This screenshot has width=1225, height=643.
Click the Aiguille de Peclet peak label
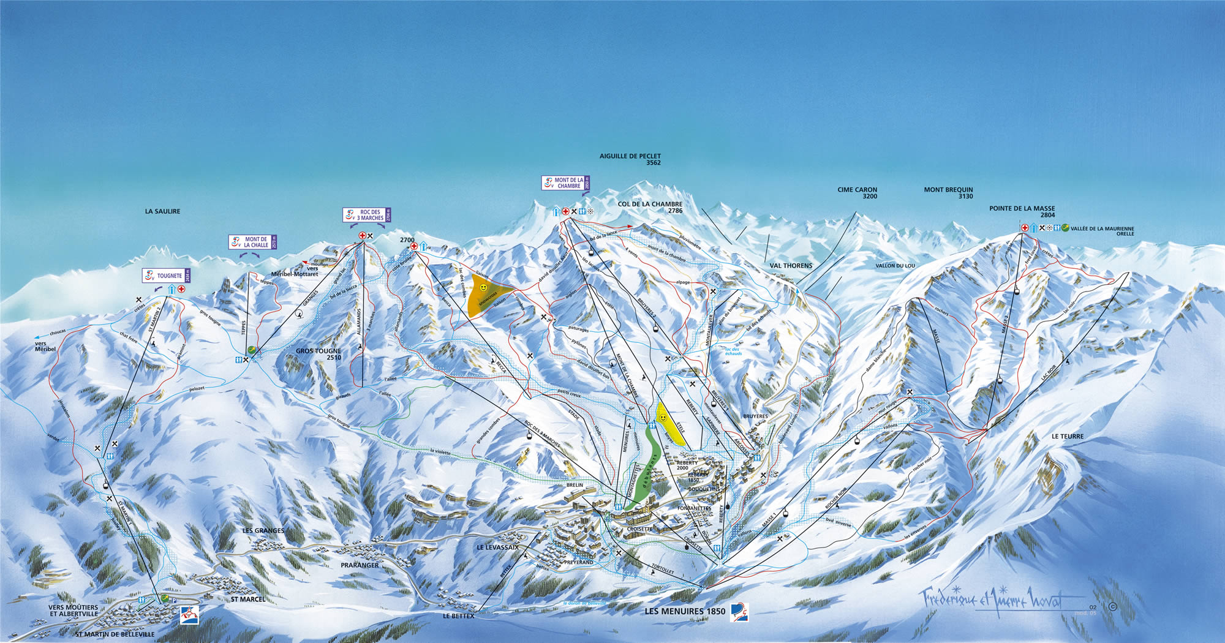coord(630,159)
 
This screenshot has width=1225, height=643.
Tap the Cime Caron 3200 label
coord(857,193)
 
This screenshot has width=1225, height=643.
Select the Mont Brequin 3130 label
coord(948,193)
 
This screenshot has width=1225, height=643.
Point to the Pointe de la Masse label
coord(1022,211)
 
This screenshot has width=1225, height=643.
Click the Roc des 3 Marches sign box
coord(366,215)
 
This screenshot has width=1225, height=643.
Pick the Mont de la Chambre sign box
coord(565,182)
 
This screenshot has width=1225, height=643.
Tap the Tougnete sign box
coord(166,276)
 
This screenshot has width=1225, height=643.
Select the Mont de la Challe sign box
coord(252,242)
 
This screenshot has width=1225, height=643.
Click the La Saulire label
coord(162,211)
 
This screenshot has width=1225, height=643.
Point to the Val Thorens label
coord(791,266)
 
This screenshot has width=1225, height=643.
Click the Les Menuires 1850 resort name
coord(685,611)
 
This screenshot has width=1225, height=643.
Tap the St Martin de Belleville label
coord(115,634)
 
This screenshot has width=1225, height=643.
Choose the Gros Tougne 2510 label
coord(318,354)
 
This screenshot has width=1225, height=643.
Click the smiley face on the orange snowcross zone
coord(483,287)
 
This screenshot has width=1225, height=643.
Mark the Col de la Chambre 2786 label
coord(650,207)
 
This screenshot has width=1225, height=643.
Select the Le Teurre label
coord(1068,437)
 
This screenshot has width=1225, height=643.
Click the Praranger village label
coord(360,565)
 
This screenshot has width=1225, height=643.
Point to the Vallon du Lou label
coord(895,266)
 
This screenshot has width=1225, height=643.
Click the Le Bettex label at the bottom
coord(458,616)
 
